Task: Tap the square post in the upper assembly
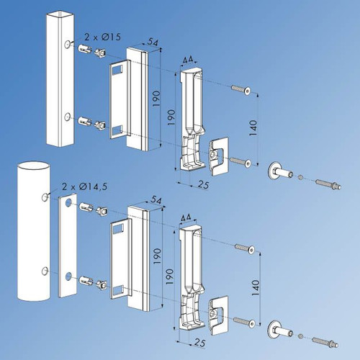point(60,79)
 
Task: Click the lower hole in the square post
point(67,117)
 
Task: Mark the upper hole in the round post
point(45,196)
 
